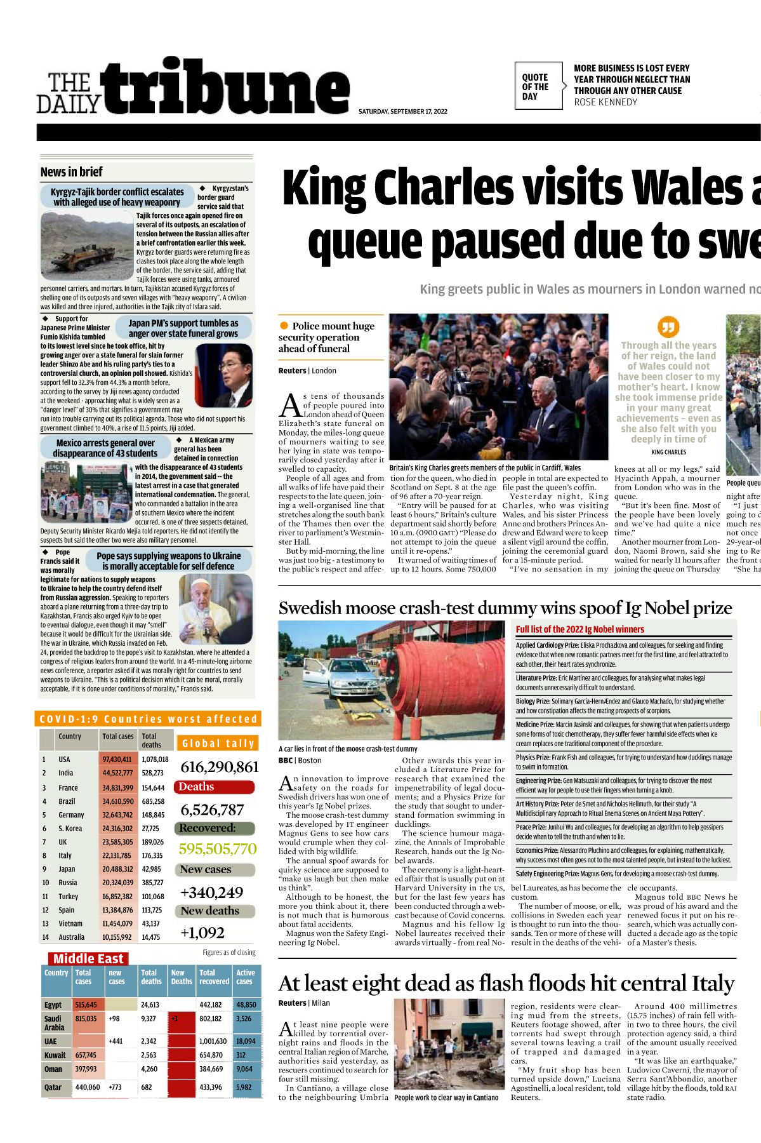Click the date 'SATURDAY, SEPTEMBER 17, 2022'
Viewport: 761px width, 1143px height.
(x=403, y=112)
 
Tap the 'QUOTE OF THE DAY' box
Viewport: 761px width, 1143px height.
(x=537, y=86)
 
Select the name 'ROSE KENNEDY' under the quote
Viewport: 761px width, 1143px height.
(x=605, y=102)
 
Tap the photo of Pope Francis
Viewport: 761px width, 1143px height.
(x=215, y=609)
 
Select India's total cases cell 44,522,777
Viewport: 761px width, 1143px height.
(x=117, y=773)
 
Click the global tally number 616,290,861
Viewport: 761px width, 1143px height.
(x=220, y=767)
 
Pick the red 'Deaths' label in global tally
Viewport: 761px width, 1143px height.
(x=197, y=787)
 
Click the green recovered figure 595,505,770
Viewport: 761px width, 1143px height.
(x=218, y=849)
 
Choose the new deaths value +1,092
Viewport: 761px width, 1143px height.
(x=202, y=933)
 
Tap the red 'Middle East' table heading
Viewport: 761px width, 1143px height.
(x=88, y=959)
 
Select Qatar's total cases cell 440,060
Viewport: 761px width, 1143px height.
(x=88, y=1087)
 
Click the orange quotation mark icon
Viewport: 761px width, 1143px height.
(x=668, y=327)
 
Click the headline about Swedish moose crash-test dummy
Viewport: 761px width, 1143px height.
(x=505, y=608)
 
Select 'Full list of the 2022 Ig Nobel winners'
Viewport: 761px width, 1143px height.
(x=579, y=629)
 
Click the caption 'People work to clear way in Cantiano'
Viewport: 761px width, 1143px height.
(x=446, y=1097)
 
